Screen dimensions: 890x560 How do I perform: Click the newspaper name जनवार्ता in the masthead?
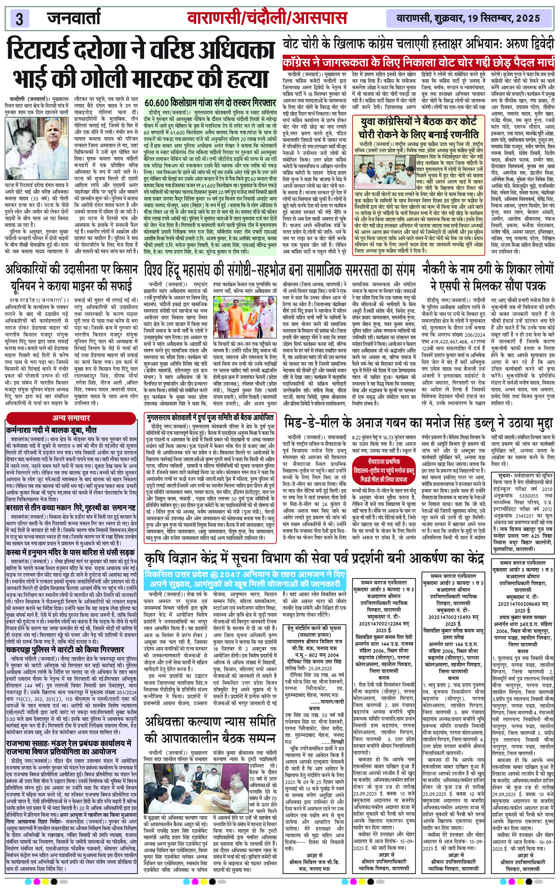pyautogui.click(x=74, y=18)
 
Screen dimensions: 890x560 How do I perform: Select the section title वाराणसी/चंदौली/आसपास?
pyautogui.click(x=267, y=18)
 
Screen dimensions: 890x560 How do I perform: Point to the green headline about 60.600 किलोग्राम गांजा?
pyautogui.click(x=210, y=103)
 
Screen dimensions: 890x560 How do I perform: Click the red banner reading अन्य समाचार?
pyautogui.click(x=71, y=418)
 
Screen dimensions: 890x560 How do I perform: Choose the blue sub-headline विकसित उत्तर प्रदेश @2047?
pyautogui.click(x=245, y=579)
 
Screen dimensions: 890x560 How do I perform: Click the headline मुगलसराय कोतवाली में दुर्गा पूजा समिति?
pyautogui.click(x=210, y=418)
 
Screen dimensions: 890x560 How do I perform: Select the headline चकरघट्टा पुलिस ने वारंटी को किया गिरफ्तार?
pyautogui.click(x=65, y=650)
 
